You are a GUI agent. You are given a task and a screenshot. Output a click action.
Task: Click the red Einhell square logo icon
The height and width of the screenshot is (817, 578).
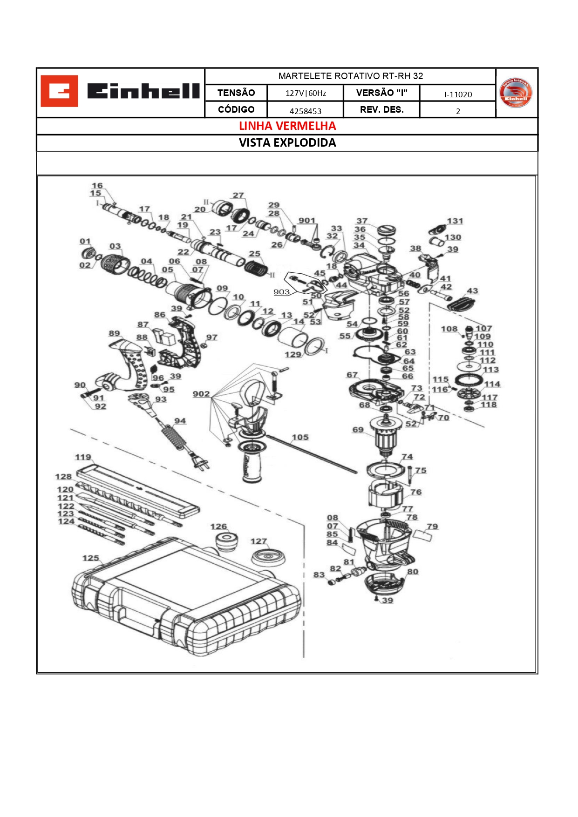59,91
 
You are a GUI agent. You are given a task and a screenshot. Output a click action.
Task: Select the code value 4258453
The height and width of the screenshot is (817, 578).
306,111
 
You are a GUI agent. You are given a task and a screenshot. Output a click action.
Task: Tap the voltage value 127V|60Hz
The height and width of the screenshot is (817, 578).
306,93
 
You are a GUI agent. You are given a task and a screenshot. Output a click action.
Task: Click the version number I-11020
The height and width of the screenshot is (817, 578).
458,95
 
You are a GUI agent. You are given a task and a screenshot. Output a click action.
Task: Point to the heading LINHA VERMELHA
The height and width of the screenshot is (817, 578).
287,126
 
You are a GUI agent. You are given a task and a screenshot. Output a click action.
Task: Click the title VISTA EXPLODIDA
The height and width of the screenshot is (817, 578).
287,143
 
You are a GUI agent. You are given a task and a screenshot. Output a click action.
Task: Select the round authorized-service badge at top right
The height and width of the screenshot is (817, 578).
515,93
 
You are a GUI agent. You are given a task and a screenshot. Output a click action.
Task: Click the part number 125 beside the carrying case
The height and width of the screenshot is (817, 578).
91,558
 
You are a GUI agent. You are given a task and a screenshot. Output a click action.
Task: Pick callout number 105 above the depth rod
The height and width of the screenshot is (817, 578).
300,437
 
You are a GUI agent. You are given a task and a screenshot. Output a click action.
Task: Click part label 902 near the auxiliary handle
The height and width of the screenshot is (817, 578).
201,394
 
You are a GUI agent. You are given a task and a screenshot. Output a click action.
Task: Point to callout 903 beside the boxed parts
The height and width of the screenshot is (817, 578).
281,292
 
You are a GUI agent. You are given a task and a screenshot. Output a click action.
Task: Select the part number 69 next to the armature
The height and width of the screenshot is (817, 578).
358,430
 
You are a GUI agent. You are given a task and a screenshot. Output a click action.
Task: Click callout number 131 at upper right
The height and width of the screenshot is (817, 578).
455,221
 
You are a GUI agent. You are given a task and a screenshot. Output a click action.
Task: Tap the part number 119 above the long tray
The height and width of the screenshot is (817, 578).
83,457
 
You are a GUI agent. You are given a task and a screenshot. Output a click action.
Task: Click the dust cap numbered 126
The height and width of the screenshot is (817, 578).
226,541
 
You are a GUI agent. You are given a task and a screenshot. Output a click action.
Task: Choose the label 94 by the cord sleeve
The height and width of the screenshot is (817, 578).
180,421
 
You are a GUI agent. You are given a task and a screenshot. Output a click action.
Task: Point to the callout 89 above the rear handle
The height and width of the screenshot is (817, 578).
114,333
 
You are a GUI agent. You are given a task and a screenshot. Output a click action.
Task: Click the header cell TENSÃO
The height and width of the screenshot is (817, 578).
236,93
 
